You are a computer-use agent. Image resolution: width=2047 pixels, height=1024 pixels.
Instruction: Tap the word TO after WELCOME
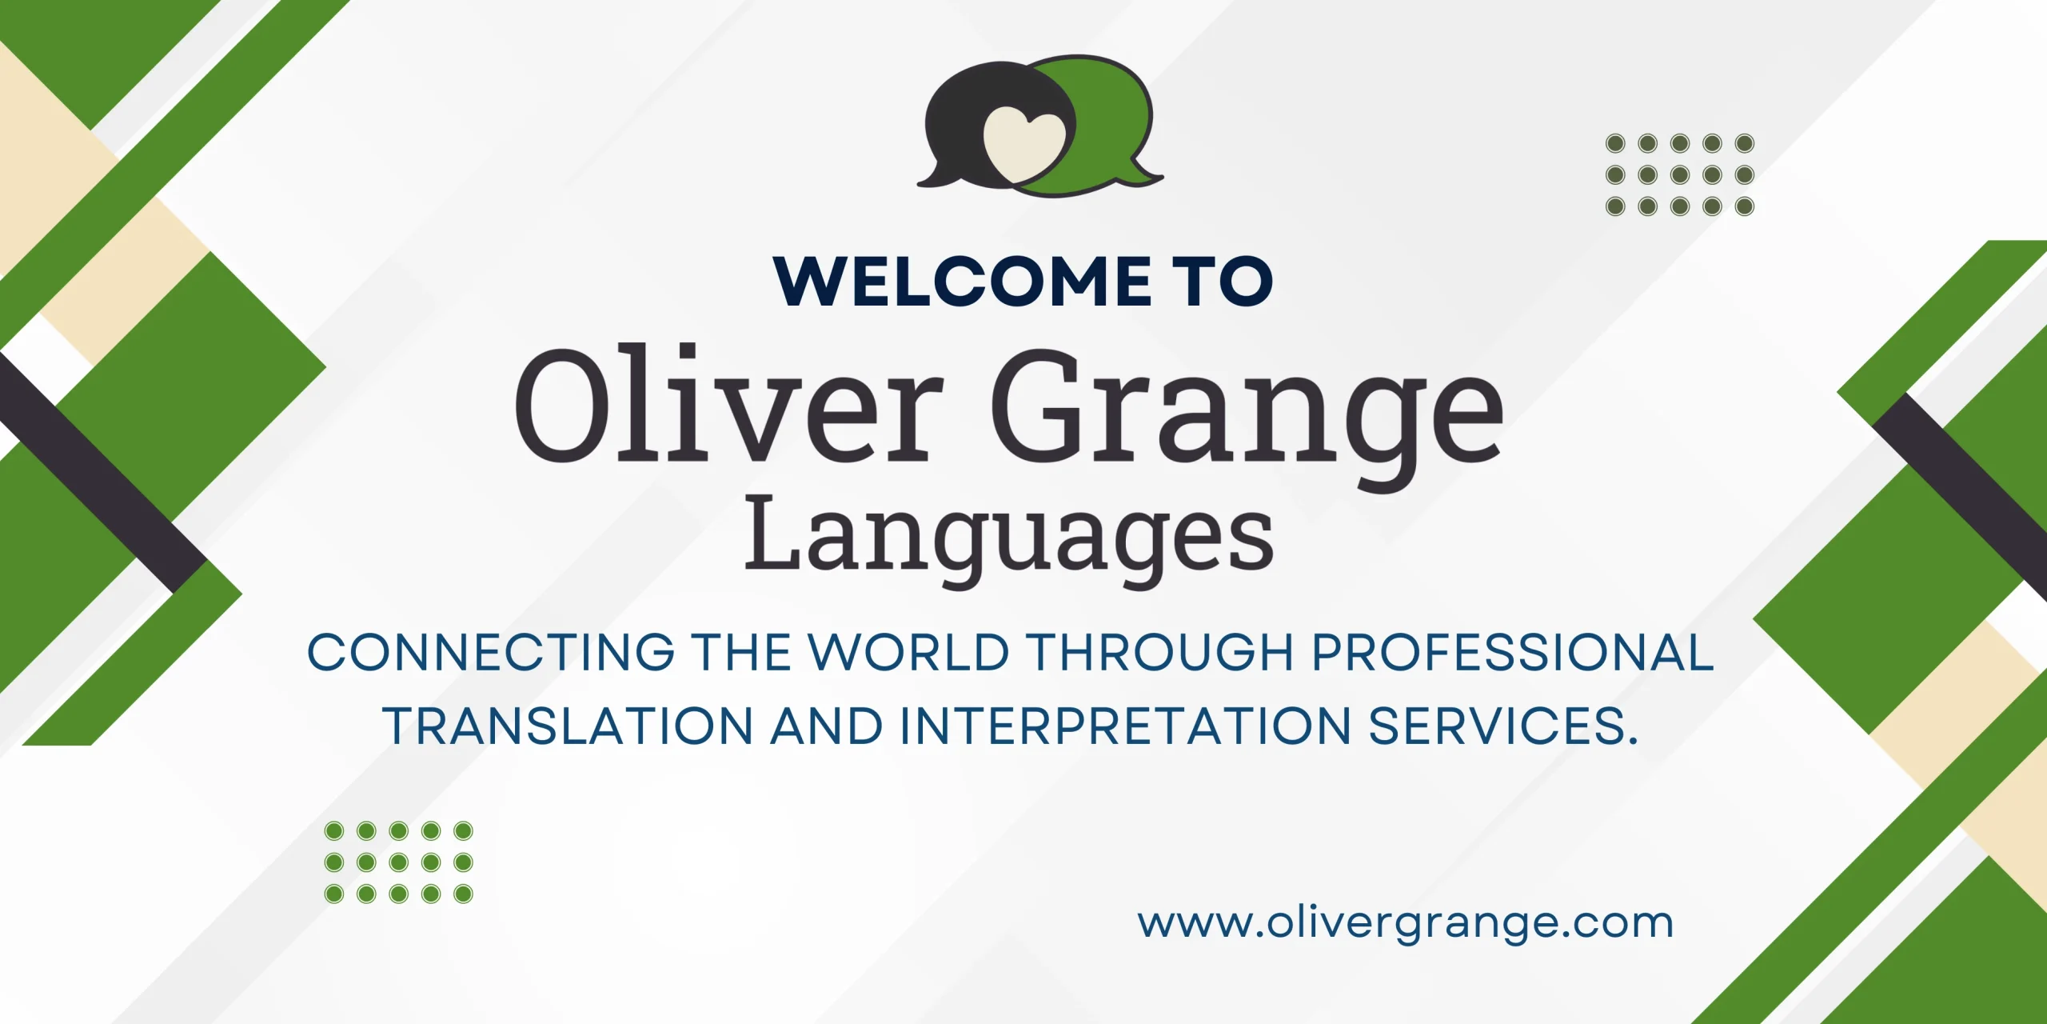(1223, 281)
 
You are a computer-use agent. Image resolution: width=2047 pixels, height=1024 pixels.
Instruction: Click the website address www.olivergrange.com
(1405, 923)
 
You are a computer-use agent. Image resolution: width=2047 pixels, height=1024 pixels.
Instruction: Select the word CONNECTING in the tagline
(491, 652)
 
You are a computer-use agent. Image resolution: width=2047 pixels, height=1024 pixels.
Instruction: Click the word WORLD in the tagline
(908, 652)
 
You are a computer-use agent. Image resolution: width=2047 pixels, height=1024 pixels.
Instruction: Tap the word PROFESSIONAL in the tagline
(1513, 652)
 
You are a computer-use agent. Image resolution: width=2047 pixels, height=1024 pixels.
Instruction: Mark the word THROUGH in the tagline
(1159, 652)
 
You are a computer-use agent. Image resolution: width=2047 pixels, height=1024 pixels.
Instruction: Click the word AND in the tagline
(826, 726)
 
